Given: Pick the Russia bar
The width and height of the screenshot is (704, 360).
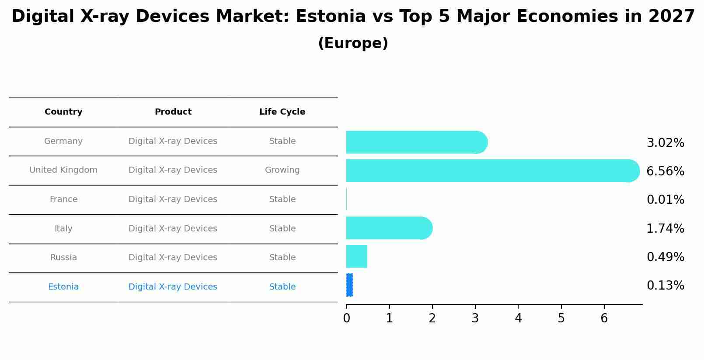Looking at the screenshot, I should [x=357, y=256].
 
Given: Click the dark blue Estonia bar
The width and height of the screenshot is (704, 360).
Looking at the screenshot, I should [x=349, y=285].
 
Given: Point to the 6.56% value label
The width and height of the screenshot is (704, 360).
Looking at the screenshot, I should [x=665, y=171].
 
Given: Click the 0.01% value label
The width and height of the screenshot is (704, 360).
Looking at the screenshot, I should [x=665, y=200].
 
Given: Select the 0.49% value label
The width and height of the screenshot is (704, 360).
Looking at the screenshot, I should [x=665, y=257].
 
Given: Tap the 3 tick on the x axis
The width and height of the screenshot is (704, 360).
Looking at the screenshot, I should [x=475, y=318].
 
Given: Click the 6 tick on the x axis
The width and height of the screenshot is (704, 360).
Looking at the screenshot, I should [x=604, y=318].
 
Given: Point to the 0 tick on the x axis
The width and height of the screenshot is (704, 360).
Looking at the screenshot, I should [x=346, y=318].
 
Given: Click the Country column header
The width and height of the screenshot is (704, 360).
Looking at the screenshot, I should [x=63, y=112].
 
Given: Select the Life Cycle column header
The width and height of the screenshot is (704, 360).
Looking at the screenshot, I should [x=282, y=112].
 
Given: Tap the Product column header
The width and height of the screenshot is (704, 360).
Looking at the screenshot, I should [x=173, y=112].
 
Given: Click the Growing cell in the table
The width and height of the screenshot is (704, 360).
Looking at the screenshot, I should [x=282, y=170].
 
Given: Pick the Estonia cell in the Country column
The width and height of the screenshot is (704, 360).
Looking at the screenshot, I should [x=63, y=287].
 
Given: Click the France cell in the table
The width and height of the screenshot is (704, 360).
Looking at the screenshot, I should [x=63, y=199].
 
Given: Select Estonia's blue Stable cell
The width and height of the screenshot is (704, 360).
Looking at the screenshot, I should [x=282, y=287].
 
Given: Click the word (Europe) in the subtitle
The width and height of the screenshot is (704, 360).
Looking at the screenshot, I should [x=353, y=43].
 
